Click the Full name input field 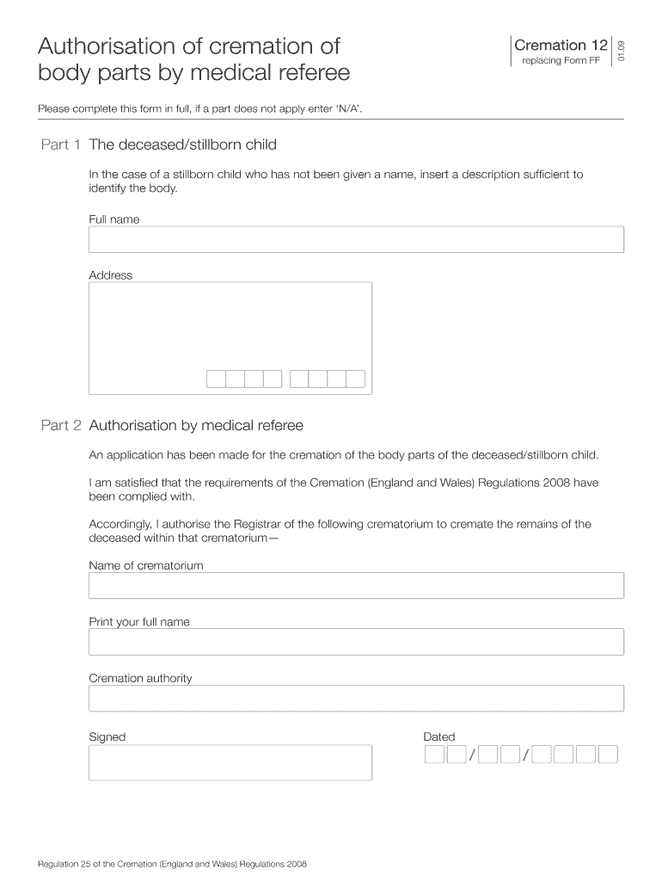[x=356, y=240]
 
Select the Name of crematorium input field [x=356, y=586]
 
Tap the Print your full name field [x=356, y=642]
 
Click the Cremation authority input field [x=356, y=699]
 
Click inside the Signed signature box [x=230, y=762]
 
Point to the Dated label [x=439, y=736]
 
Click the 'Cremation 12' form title [x=561, y=46]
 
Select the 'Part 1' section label [x=61, y=145]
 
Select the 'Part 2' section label [x=61, y=425]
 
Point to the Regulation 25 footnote [x=173, y=864]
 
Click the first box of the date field [x=435, y=755]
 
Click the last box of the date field [x=608, y=755]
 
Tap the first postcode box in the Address [x=216, y=379]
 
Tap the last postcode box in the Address [x=356, y=379]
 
